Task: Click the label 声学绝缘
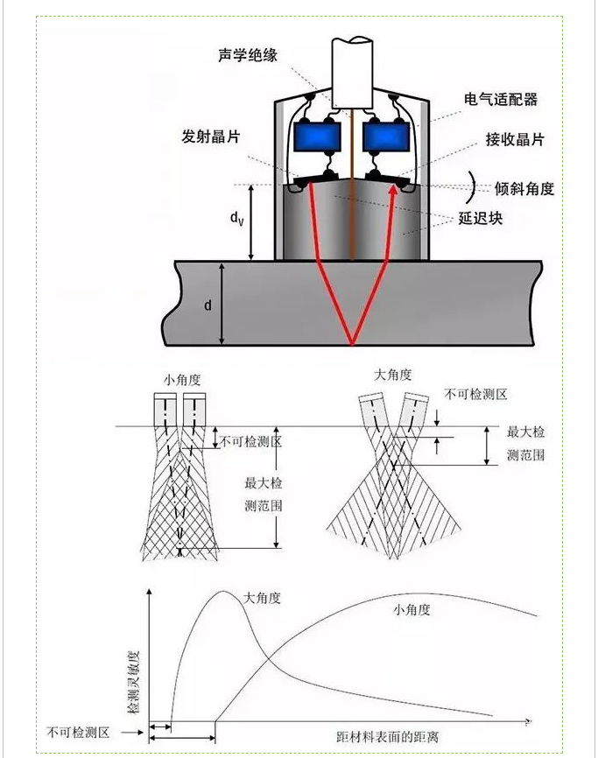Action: [248, 54]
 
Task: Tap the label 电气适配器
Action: [500, 100]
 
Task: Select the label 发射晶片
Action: [211, 137]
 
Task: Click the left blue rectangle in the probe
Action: [316, 137]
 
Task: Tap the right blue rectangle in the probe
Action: [386, 137]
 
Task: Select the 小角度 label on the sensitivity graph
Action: [412, 610]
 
